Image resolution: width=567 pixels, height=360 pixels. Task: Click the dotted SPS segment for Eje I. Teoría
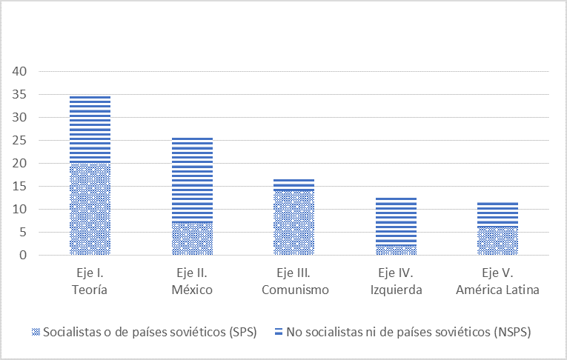(90, 209)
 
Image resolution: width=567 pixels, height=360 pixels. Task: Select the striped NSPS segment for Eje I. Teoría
(90, 129)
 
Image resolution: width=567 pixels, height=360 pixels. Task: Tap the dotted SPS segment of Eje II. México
(192, 239)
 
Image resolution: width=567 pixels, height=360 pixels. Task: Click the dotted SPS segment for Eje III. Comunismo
(294, 222)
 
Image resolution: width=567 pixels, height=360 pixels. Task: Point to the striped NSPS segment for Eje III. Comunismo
(294, 184)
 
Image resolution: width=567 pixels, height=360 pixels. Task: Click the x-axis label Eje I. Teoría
(90, 282)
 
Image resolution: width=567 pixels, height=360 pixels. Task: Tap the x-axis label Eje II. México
(192, 282)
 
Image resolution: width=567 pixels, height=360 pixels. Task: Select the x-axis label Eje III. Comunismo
(294, 282)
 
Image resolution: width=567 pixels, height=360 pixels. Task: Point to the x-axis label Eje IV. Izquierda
(397, 282)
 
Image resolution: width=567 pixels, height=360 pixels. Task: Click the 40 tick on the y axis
(19, 71)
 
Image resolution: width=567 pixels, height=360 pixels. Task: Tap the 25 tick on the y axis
(19, 140)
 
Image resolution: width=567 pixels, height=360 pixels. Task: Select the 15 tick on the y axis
(19, 187)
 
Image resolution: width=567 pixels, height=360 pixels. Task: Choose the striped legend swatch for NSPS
(279, 332)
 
